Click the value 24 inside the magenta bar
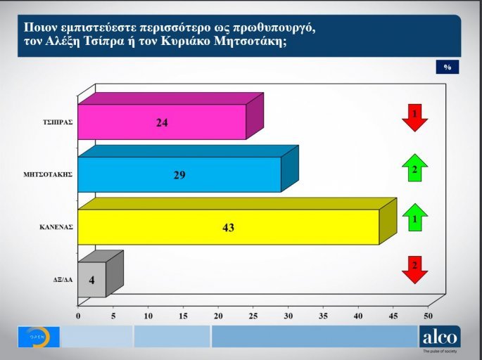click(x=162, y=122)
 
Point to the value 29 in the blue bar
click(x=179, y=175)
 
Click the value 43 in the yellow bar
click(x=228, y=228)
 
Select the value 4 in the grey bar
click(x=91, y=281)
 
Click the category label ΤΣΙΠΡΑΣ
click(x=58, y=122)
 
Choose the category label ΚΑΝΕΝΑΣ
click(x=58, y=228)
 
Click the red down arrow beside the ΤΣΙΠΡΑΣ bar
click(x=415, y=117)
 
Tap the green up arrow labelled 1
click(x=415, y=217)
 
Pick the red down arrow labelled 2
click(x=415, y=269)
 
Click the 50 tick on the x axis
click(x=428, y=317)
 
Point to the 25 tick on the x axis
click(x=253, y=317)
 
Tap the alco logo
click(x=439, y=337)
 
